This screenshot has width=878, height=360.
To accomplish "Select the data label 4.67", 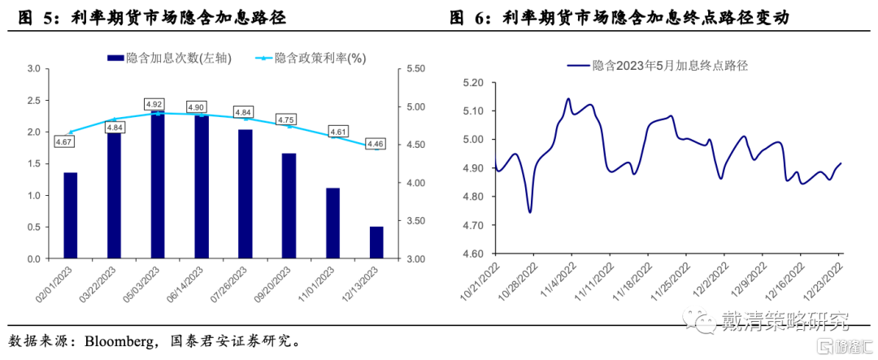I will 64,142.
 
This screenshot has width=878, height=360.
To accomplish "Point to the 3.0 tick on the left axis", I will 33,69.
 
